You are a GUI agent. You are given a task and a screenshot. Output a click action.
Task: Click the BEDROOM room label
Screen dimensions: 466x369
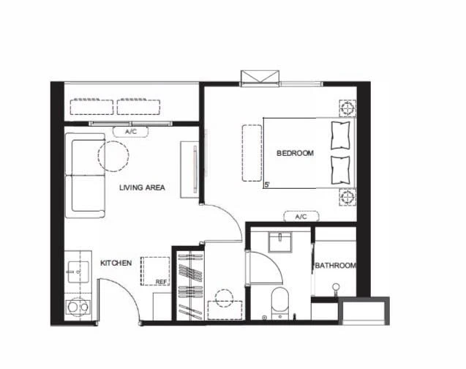tap(295, 153)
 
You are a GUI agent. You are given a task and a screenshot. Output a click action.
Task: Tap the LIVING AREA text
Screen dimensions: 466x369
tap(142, 187)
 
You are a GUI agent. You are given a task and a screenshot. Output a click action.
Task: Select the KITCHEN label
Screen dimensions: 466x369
tap(116, 263)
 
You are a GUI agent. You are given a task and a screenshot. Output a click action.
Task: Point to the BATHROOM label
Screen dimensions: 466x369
tap(336, 265)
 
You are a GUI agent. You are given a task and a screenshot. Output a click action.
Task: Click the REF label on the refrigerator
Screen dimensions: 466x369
tap(162, 282)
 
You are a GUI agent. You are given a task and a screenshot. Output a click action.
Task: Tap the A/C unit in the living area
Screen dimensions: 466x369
tap(131, 132)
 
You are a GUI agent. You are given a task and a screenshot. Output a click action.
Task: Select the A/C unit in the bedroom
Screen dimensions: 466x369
tap(301, 217)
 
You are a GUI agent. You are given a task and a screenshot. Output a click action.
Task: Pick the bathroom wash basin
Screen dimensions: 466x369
tap(280, 242)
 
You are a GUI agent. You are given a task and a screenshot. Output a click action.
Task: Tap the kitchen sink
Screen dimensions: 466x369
tap(78, 272)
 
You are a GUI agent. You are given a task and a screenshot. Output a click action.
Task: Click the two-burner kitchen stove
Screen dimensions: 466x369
tap(78, 307)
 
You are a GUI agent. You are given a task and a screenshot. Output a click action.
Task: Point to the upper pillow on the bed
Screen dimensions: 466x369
tap(340, 135)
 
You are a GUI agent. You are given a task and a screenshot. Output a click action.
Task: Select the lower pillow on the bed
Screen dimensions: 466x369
tap(340, 170)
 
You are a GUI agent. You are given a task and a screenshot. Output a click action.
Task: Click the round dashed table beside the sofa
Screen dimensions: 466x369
tap(113, 156)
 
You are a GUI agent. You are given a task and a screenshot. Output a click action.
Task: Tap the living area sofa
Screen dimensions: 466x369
tap(86, 176)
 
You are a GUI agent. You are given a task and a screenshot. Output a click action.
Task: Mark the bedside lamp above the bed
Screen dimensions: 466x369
tap(347, 108)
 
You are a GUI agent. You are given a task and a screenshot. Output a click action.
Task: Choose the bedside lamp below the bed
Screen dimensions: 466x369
tap(347, 197)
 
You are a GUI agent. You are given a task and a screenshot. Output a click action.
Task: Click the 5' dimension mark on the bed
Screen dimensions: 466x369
tap(267, 184)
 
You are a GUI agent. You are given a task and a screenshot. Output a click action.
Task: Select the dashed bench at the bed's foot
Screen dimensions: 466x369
tap(252, 153)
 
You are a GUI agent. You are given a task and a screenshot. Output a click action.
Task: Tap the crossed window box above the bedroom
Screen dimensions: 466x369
tap(260, 78)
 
